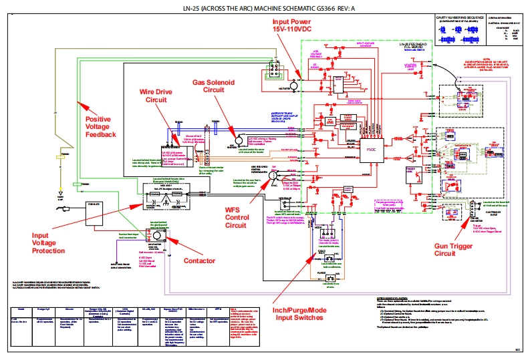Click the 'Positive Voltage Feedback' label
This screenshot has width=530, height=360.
point(100,126)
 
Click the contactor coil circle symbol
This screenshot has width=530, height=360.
point(158,236)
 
